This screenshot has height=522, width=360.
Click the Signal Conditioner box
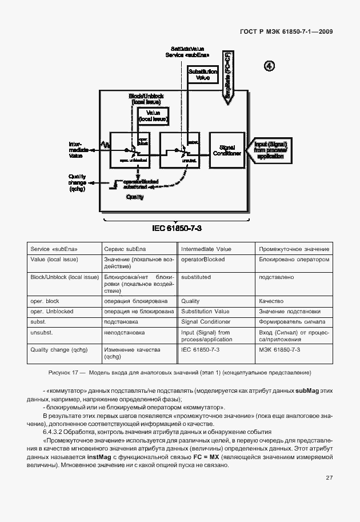click(226, 150)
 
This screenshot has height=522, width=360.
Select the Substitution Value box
click(203, 74)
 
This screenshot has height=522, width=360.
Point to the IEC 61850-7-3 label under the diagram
click(177, 228)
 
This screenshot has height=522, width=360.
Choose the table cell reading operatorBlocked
click(203, 260)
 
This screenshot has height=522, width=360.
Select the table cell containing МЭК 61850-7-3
click(279, 349)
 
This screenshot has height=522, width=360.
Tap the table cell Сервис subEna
click(122, 249)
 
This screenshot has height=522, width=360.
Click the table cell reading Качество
click(271, 301)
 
